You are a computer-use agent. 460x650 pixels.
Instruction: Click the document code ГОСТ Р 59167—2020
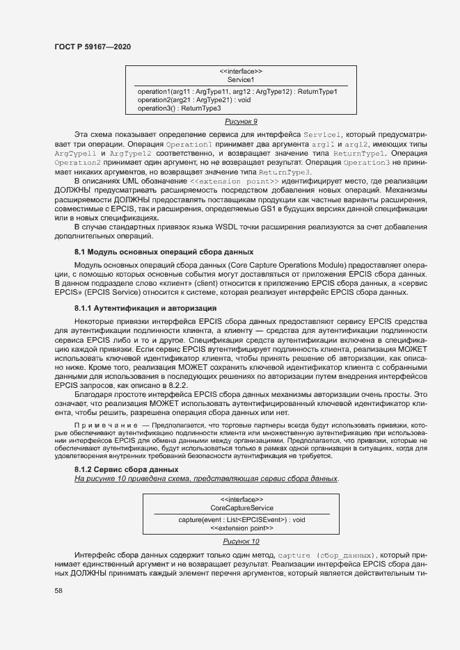[92, 46]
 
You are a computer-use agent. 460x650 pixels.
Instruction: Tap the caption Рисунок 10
[241, 541]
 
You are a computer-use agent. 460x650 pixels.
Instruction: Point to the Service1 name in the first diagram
[241, 80]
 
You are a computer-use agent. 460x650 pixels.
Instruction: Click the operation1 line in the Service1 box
[237, 92]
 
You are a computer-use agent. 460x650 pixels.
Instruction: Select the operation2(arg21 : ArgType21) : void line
[193, 100]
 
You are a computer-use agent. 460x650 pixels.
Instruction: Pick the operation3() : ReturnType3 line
[179, 108]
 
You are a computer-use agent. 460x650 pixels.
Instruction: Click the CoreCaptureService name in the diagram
[241, 508]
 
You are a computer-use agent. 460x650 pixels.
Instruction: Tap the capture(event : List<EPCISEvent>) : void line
[241, 519]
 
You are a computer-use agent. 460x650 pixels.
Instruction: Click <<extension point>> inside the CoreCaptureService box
[241, 528]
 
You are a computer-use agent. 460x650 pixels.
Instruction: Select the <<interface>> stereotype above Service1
[241, 72]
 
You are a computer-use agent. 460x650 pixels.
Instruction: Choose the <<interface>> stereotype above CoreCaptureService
[241, 500]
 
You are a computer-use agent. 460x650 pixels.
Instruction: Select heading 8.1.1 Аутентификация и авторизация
[145, 307]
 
